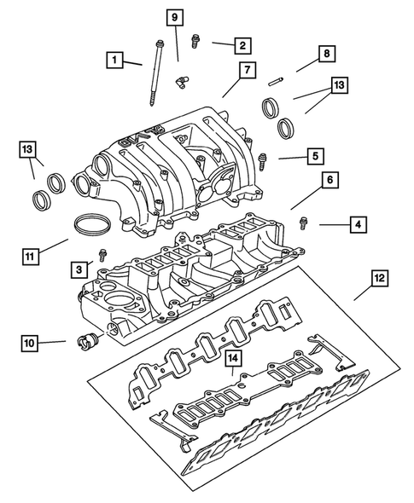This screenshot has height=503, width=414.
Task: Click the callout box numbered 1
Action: pos(112,60)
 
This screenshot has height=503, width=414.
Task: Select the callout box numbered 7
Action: pos(244,69)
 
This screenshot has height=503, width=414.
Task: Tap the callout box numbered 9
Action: pos(174,17)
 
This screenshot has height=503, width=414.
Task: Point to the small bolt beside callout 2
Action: pos(195,38)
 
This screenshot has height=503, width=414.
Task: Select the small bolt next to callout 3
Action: pos(103,253)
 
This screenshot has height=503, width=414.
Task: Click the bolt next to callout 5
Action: pos(263,158)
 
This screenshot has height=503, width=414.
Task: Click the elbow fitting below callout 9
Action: pos(180,82)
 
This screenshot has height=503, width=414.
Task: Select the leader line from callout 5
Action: pos(289,158)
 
